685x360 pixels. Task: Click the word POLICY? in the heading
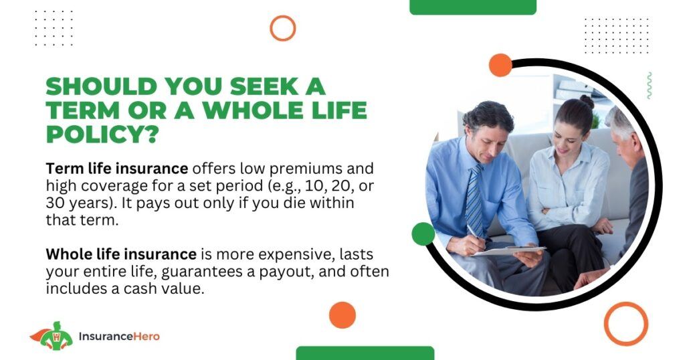102,134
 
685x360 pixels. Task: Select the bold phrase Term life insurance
117,169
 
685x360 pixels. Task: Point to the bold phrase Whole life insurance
121,254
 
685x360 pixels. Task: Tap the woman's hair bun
587,101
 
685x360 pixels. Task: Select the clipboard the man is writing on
509,251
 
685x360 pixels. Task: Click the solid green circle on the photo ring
423,234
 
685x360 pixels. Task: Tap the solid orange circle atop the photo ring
500,66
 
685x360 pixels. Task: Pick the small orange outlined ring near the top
283,16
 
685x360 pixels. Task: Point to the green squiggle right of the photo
650,86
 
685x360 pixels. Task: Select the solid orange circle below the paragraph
342,315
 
